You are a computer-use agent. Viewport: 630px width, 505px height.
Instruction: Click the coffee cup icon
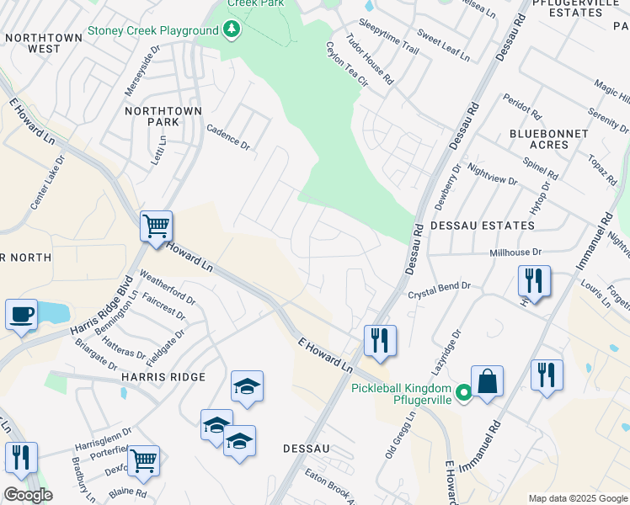click(21, 315)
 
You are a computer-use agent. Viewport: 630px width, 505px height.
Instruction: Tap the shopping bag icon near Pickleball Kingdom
click(487, 381)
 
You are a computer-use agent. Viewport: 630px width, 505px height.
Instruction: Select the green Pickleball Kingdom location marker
click(462, 393)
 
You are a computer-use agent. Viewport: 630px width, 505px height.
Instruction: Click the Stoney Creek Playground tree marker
click(231, 31)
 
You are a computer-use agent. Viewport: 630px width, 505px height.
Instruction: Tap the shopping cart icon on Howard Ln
click(156, 226)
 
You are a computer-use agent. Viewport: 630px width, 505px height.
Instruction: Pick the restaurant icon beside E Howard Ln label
click(380, 341)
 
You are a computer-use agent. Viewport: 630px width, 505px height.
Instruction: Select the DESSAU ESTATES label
click(482, 226)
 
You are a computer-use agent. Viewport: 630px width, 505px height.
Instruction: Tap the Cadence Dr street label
click(228, 137)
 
